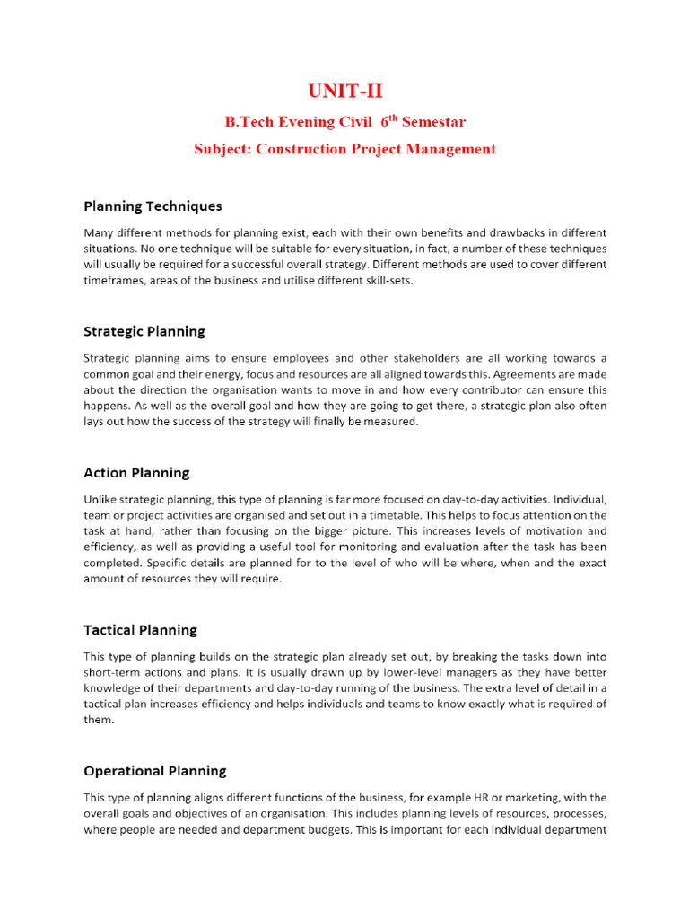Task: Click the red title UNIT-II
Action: coord(344,90)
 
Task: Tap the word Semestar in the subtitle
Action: coord(434,121)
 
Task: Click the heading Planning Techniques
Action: coord(153,206)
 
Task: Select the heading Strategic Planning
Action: coord(144,331)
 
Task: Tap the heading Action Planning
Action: coord(136,472)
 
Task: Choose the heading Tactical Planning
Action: coord(140,629)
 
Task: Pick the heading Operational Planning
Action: coord(155,770)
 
